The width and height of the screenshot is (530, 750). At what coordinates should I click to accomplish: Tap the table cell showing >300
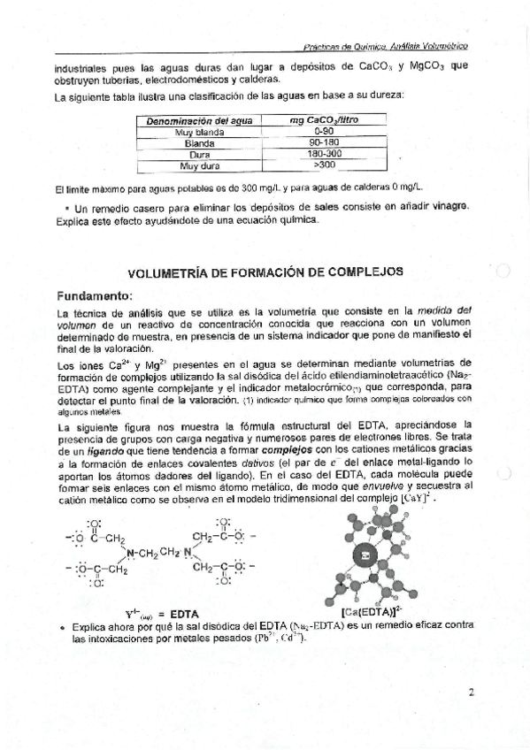(324, 165)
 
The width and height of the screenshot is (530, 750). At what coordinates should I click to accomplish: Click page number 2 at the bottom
(472, 692)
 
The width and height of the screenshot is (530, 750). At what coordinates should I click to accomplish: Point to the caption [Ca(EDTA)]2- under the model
(373, 611)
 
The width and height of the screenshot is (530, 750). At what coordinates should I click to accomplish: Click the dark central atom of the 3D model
(365, 557)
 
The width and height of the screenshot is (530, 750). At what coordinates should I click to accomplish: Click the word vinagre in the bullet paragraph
(445, 206)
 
